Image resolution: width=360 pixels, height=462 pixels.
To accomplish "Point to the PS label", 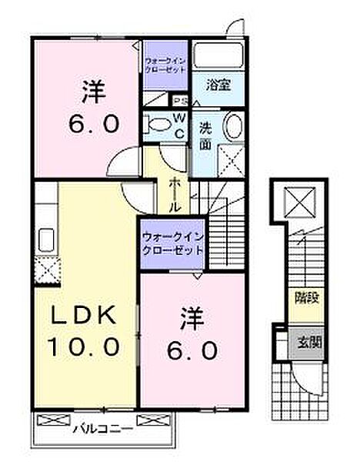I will pos(180,101).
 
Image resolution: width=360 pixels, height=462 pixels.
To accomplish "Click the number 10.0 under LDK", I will pos(85,346).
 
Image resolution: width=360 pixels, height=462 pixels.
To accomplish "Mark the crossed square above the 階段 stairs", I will pos(298,203).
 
